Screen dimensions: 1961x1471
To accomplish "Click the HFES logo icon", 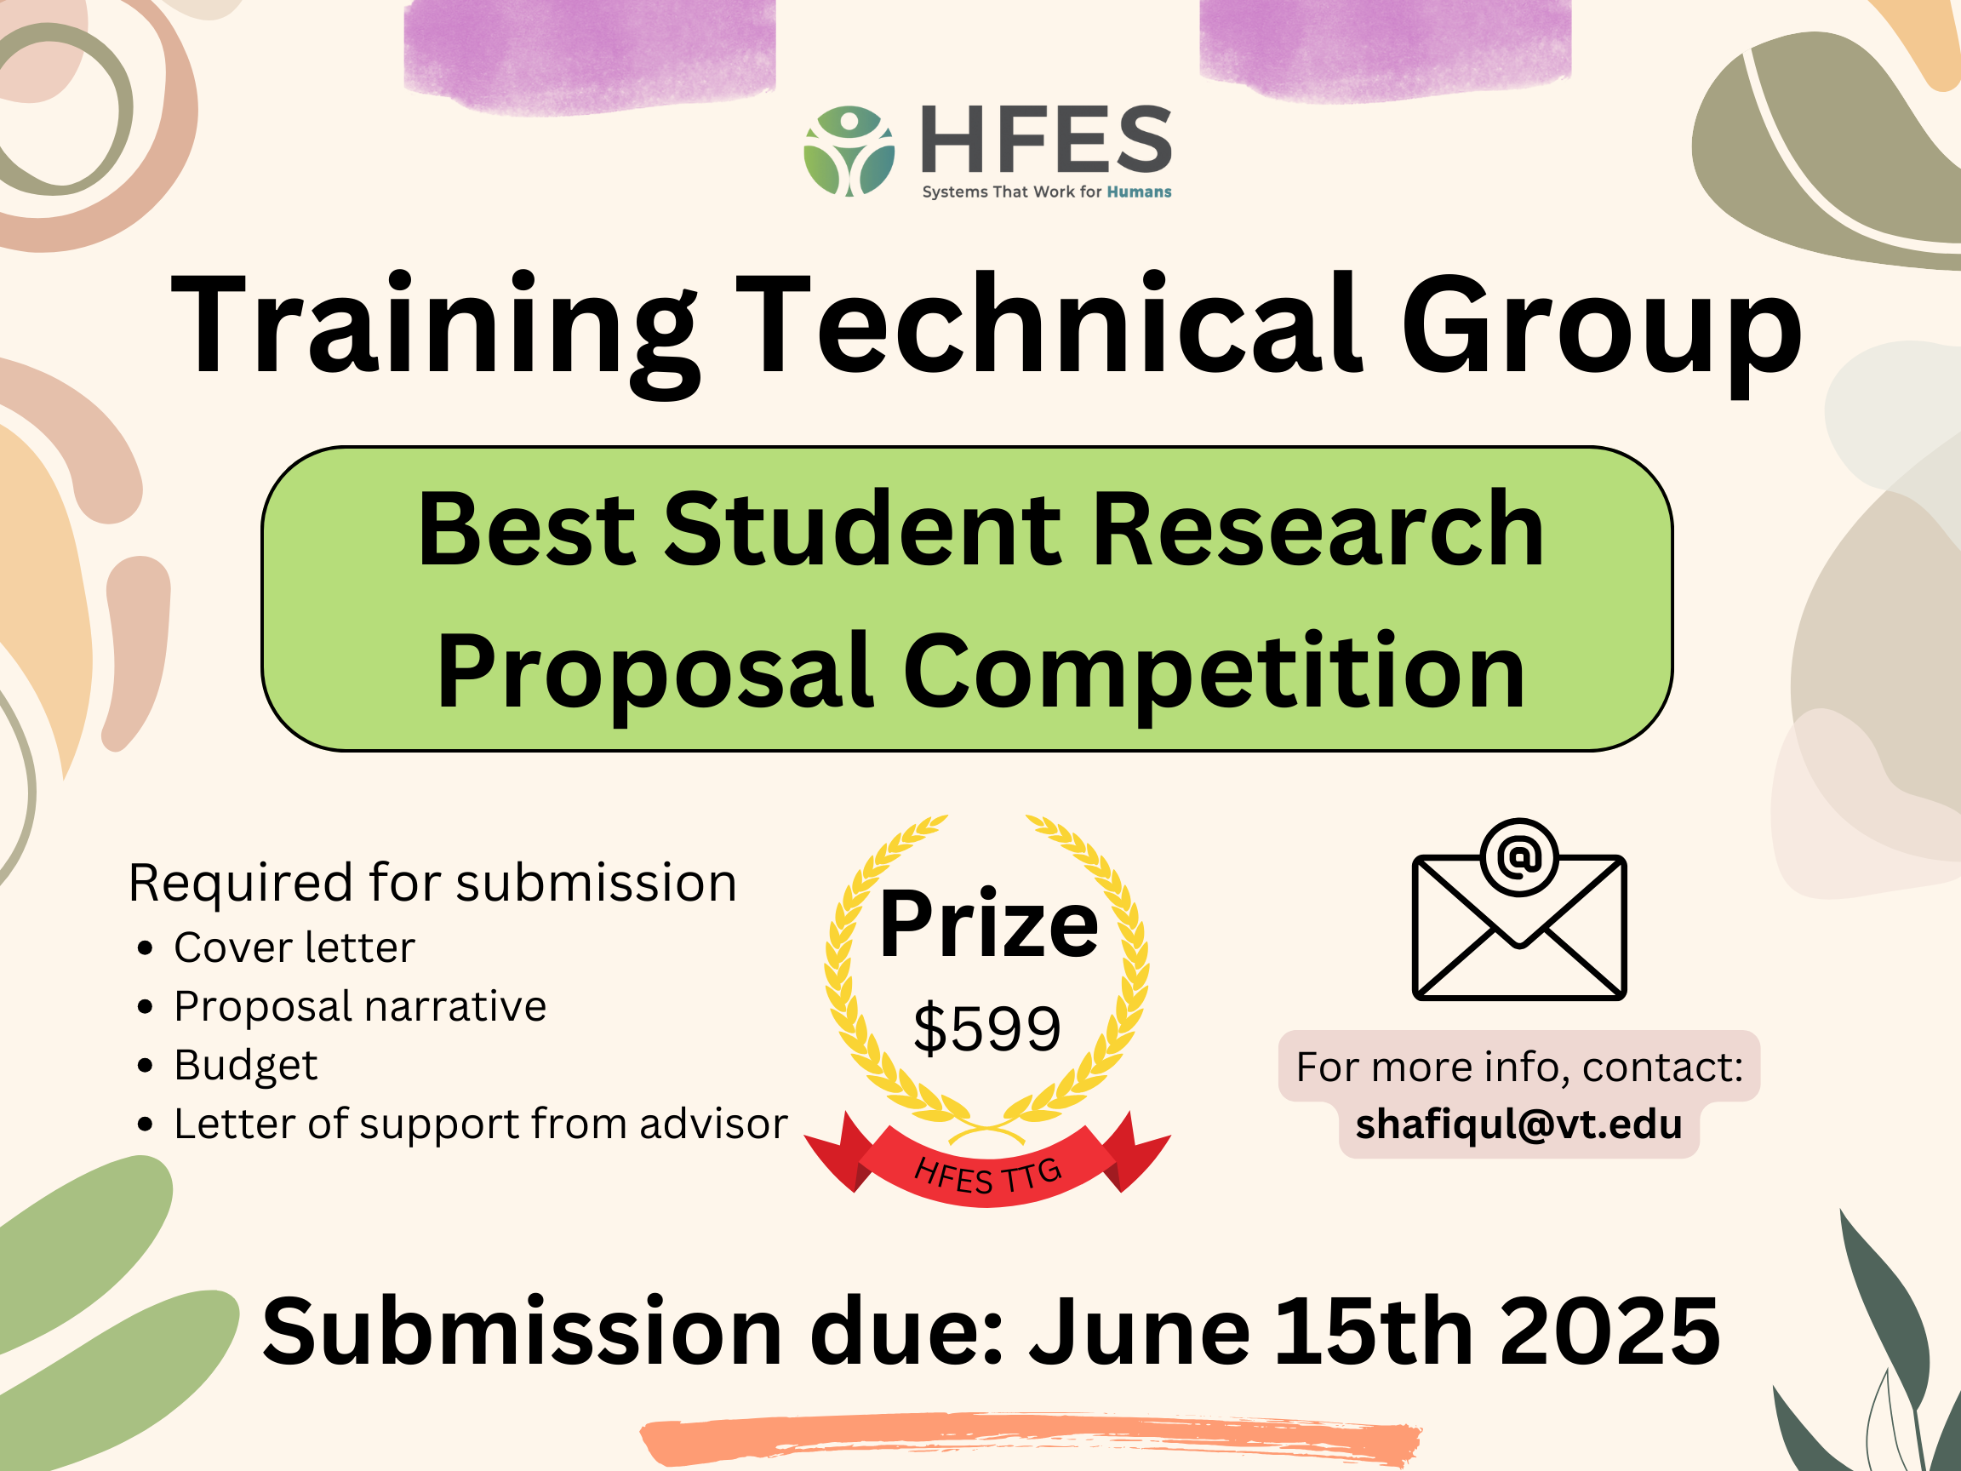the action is (x=849, y=151).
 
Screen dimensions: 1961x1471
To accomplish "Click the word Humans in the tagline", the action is (x=1138, y=192).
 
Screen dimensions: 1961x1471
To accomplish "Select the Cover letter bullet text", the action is (x=294, y=947).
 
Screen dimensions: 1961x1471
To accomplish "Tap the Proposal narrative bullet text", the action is (x=360, y=1006).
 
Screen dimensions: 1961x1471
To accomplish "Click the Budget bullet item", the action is (x=246, y=1066).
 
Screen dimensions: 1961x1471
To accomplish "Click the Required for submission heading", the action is (x=432, y=883).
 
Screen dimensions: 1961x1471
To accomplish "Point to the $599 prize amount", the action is (x=986, y=1028).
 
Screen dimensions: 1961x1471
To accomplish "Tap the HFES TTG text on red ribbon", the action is (x=987, y=1176).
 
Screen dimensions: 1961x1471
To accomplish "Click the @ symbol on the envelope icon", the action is (x=1518, y=856).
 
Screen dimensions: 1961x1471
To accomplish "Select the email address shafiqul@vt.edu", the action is (x=1518, y=1125).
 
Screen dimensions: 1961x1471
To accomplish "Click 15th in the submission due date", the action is (x=1374, y=1331).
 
